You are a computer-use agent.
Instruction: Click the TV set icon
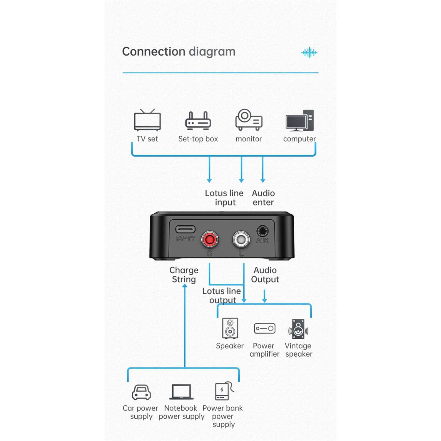point(147,120)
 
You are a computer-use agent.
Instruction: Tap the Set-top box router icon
point(198,121)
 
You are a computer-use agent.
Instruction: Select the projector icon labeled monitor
point(249,120)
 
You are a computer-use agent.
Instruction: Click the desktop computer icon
point(300,120)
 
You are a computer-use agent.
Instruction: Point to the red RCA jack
point(210,240)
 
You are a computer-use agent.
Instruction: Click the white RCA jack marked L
point(241,240)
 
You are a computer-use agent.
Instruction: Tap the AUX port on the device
point(262,231)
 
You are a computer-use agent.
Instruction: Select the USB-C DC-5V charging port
point(185,229)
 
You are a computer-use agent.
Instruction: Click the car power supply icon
point(141,392)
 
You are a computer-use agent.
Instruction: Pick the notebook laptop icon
point(181,392)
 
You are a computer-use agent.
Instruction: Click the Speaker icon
point(230,328)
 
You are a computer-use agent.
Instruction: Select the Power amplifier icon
point(265,328)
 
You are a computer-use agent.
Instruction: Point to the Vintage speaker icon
point(298,329)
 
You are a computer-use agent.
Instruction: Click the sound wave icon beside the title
point(309,53)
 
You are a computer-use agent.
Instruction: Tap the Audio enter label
point(263,198)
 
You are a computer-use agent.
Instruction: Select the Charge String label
point(184,275)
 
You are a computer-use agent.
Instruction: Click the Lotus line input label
point(224,198)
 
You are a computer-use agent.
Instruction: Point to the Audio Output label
point(265,275)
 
